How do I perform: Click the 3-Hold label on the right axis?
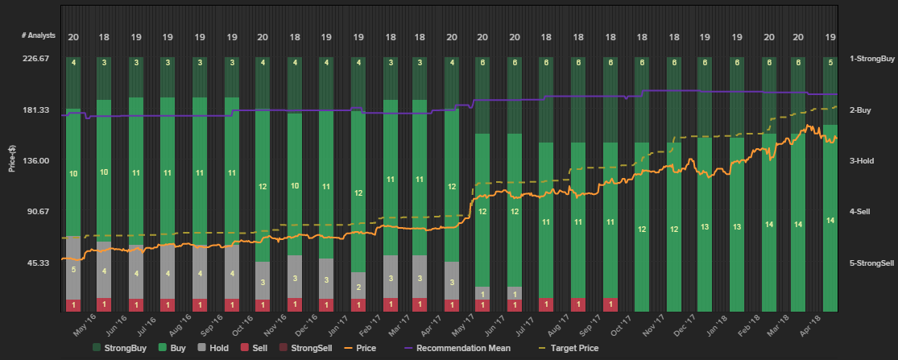862,161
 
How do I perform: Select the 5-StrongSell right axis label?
871,263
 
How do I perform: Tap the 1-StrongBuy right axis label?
871,59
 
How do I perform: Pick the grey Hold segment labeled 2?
358,286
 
